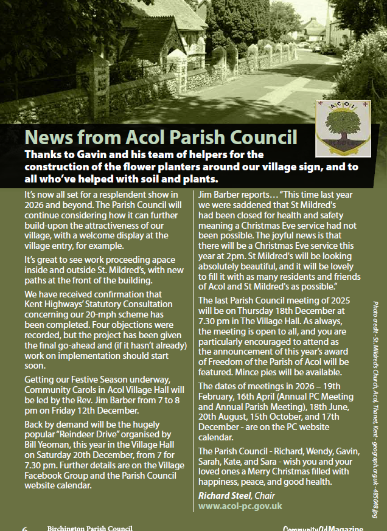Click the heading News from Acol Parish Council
(161, 137)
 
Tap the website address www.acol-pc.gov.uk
(240, 506)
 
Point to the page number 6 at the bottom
(25, 528)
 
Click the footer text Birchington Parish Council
(89, 528)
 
